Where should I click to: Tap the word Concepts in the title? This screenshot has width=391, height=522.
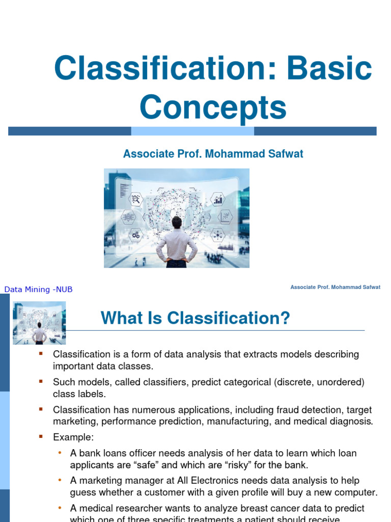click(x=213, y=108)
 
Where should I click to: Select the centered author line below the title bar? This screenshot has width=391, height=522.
click(x=213, y=154)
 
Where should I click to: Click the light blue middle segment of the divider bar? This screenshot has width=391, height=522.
click(x=192, y=131)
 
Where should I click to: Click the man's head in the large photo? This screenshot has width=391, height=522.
click(x=177, y=222)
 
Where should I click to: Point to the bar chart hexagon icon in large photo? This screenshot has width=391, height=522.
click(x=218, y=199)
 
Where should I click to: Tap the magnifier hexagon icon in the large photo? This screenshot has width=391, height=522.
click(x=136, y=199)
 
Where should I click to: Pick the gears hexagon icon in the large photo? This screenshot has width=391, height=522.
click(x=136, y=235)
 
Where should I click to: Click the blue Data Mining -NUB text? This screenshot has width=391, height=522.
click(x=39, y=290)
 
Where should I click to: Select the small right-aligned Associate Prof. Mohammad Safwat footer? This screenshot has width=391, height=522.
click(x=335, y=288)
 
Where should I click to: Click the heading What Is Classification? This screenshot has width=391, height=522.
click(x=195, y=319)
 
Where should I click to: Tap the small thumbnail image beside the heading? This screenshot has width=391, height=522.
click(x=39, y=323)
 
